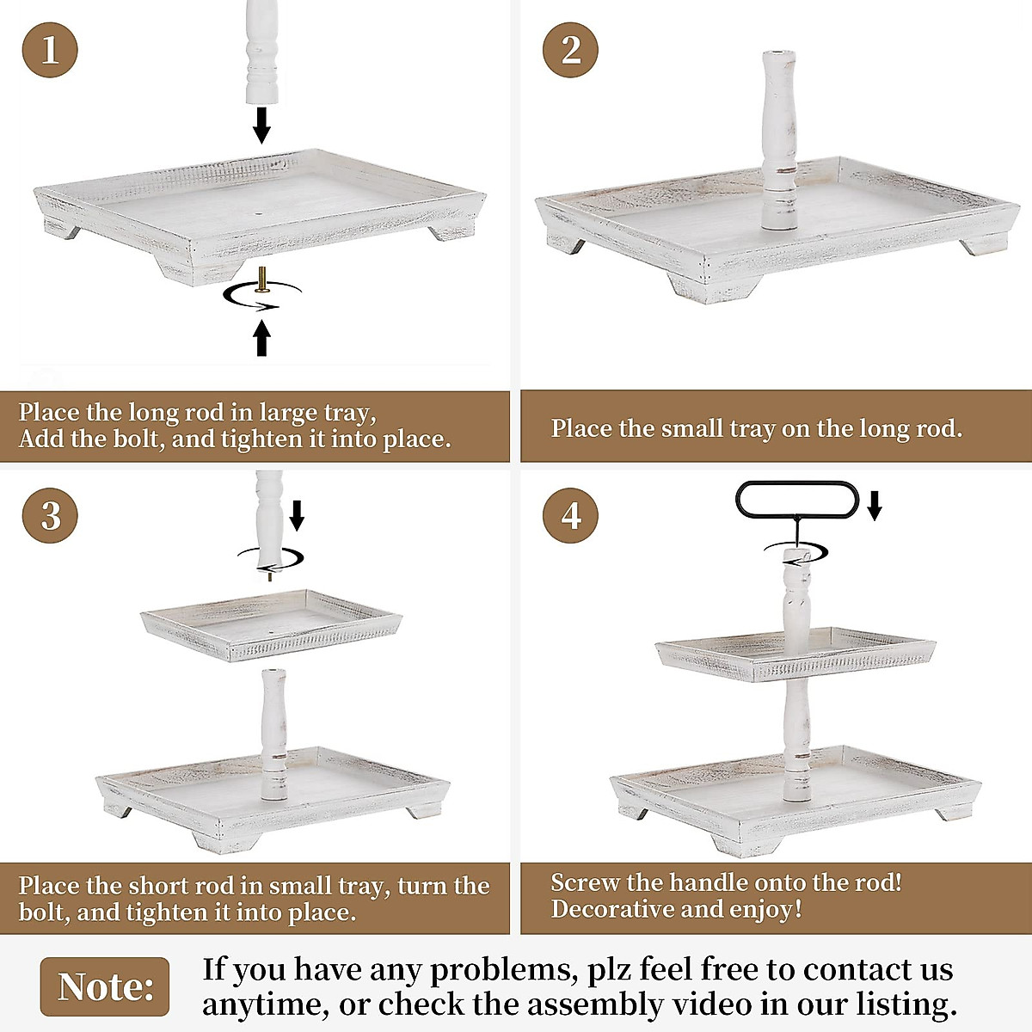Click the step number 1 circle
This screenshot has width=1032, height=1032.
point(50,49)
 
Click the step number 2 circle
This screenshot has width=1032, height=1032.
point(571,49)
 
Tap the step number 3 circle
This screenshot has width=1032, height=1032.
point(50,515)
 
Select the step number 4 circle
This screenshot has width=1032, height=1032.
point(571,515)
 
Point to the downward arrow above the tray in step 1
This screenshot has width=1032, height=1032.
point(261,124)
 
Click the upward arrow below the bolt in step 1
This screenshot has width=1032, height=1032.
point(261,337)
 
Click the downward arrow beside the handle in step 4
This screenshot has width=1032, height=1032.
point(875,506)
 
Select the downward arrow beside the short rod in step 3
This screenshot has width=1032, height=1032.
point(297,515)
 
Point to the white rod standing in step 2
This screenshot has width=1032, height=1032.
point(778,142)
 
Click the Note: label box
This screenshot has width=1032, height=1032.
point(105,986)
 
